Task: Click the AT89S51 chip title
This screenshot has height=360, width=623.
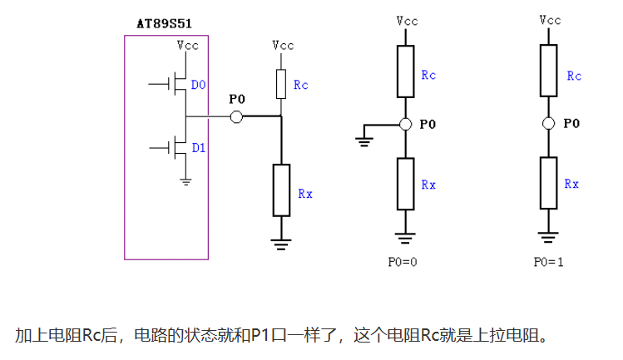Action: click(166, 23)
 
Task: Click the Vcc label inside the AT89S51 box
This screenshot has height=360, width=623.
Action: click(187, 47)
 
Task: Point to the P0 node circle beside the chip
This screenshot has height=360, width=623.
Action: click(236, 117)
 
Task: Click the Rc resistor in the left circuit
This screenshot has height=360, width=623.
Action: click(282, 83)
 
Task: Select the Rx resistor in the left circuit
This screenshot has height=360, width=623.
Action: click(282, 189)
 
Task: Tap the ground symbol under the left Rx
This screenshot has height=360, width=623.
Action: click(282, 244)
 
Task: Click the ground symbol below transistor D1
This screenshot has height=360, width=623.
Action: click(186, 180)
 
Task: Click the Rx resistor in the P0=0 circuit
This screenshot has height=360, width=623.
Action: click(405, 183)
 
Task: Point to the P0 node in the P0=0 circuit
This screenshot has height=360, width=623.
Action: click(405, 124)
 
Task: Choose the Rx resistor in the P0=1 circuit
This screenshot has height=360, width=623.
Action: click(548, 183)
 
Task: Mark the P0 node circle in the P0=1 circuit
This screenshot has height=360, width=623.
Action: click(548, 124)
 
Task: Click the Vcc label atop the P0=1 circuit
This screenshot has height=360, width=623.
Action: click(549, 19)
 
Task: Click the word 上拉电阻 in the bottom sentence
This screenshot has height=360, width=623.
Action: click(512, 336)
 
